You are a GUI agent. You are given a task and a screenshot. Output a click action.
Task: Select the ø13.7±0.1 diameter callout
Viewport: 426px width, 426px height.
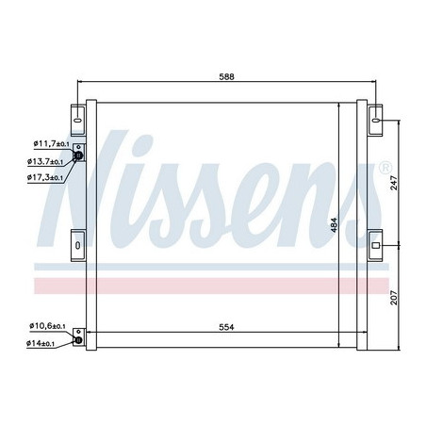click(x=47, y=161)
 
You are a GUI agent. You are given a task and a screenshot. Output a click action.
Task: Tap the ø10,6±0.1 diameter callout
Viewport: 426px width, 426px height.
click(x=46, y=326)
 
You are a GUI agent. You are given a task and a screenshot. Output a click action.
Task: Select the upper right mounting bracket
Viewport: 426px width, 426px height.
click(x=375, y=119)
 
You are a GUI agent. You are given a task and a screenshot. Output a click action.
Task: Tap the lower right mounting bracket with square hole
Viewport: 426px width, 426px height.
click(x=375, y=245)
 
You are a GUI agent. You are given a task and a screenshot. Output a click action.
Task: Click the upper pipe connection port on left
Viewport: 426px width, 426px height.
click(x=78, y=157)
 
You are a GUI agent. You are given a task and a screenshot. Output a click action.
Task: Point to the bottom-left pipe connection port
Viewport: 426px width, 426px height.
click(x=79, y=335)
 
